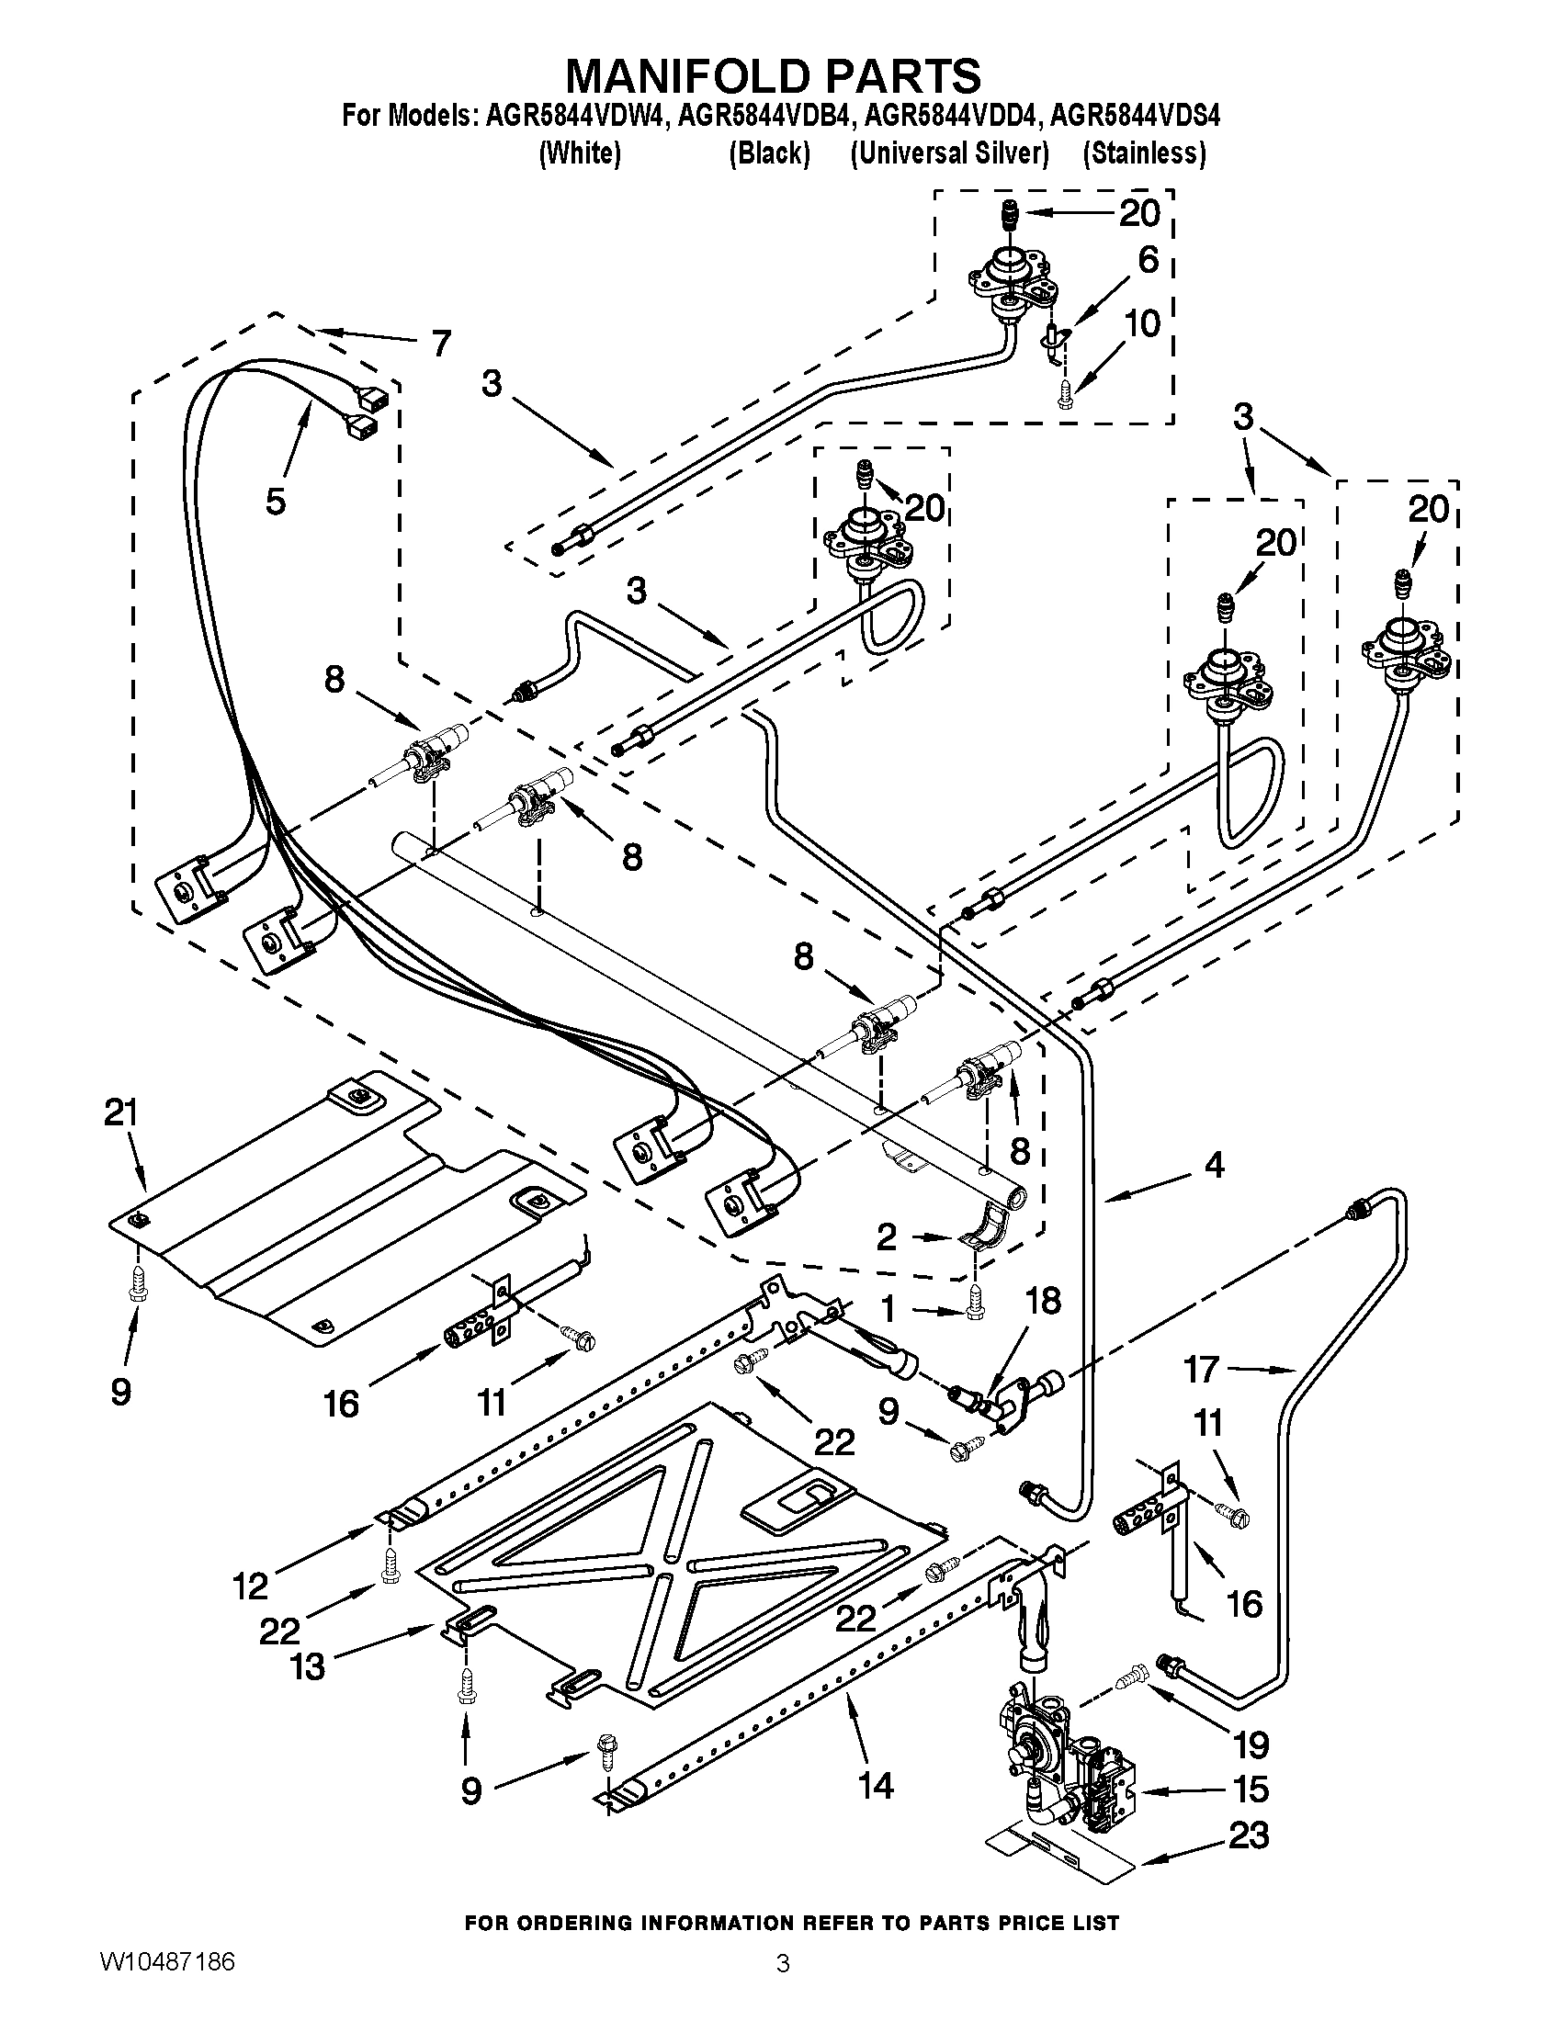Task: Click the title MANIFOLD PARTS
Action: click(x=773, y=75)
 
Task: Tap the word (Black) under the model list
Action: click(x=769, y=153)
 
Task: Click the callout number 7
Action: click(x=440, y=344)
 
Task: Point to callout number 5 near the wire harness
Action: click(x=275, y=502)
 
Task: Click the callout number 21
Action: click(x=120, y=1113)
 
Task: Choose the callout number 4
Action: click(x=1214, y=1164)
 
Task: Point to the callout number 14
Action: click(x=876, y=1785)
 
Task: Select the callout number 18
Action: click(x=1043, y=1301)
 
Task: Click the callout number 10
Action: click(x=1144, y=324)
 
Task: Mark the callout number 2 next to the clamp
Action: click(x=887, y=1237)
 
